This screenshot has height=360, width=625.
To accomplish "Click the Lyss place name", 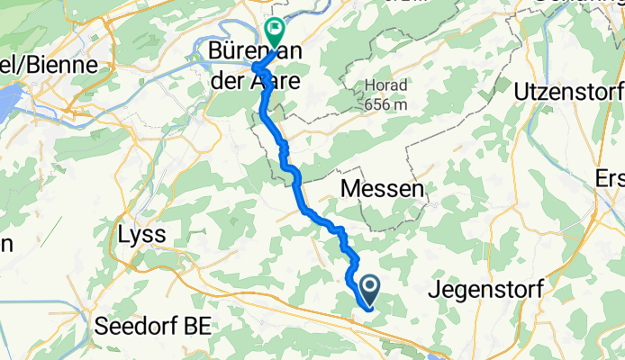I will pos(142,235).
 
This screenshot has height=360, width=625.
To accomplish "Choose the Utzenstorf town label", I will pos(567,92).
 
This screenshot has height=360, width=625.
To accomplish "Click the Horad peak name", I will pos(386,86).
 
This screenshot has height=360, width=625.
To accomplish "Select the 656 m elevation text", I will pos(387,104).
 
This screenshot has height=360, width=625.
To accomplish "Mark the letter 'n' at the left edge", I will pos(5,244).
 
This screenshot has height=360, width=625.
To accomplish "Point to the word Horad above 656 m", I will pos(386,86).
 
